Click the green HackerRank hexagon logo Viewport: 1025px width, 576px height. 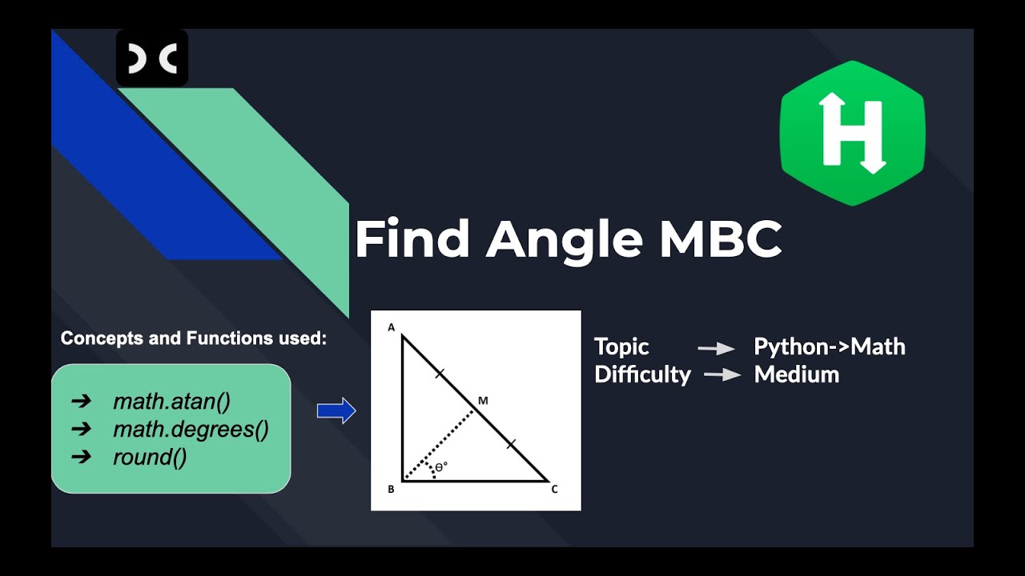click(852, 133)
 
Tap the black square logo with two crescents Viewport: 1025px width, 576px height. click(152, 58)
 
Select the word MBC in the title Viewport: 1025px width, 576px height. click(720, 239)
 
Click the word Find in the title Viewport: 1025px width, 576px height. click(412, 239)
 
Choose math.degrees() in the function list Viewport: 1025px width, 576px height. click(191, 430)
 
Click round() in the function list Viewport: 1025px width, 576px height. click(150, 458)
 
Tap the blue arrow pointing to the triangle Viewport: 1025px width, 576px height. click(336, 411)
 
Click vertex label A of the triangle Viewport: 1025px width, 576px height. click(392, 327)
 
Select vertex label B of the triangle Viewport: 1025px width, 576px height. click(391, 490)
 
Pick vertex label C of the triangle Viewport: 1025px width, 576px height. click(554, 490)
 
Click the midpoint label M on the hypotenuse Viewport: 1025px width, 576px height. click(482, 400)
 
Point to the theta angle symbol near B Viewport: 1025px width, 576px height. click(440, 467)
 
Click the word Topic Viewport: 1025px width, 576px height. click(621, 347)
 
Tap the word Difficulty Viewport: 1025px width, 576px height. click(642, 374)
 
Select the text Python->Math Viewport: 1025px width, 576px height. click(830, 347)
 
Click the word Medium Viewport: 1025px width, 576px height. click(797, 374)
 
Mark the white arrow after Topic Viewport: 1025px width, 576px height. click(717, 348)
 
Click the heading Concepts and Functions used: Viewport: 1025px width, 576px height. click(194, 338)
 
